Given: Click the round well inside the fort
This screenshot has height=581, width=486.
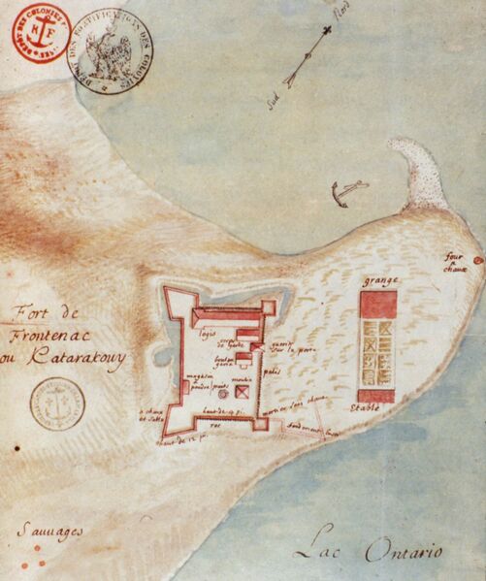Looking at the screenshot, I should [222, 394].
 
